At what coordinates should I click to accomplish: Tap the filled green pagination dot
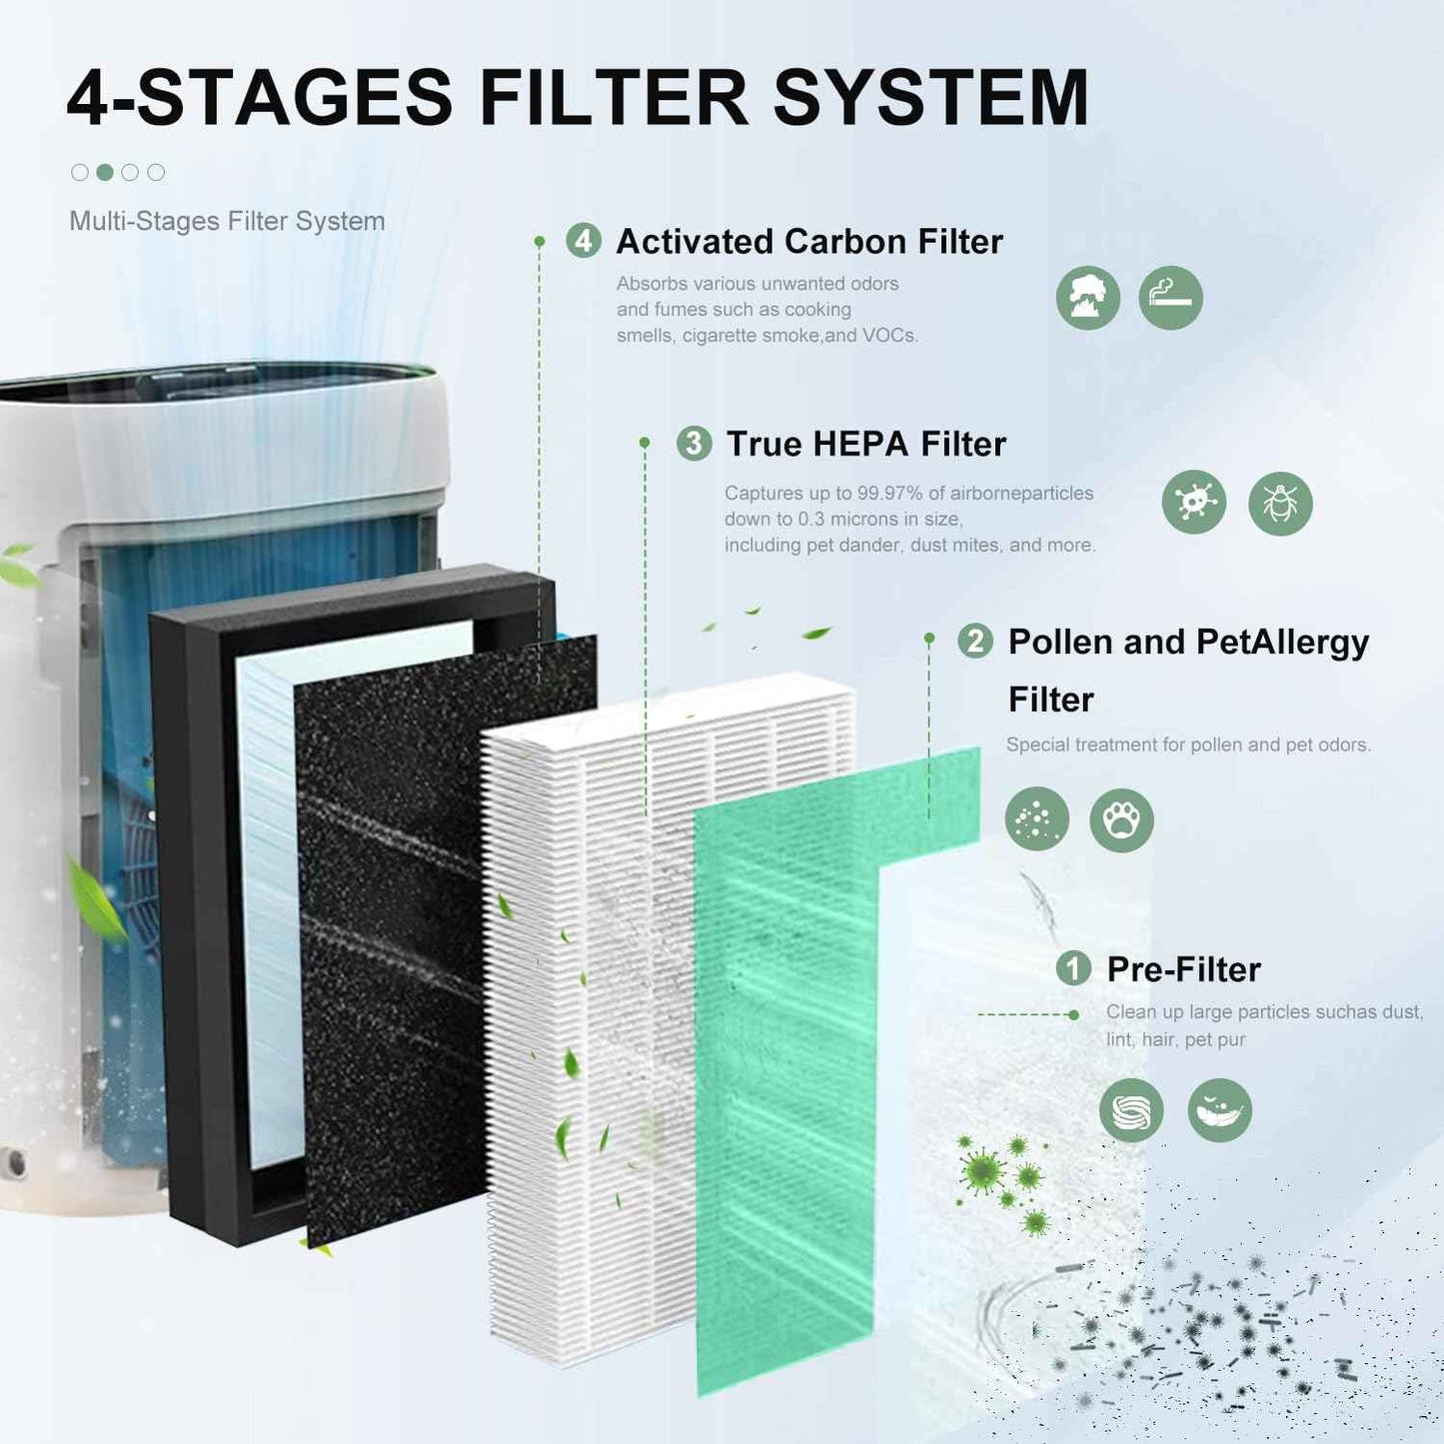[x=105, y=172]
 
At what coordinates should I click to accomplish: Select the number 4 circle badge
[x=584, y=241]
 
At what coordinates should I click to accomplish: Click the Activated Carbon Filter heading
[x=808, y=242]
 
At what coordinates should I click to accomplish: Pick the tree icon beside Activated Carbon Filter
[x=1087, y=298]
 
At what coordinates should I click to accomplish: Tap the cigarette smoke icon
[x=1170, y=298]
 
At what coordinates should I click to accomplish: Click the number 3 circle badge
[x=694, y=443]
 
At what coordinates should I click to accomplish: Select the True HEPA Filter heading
[x=865, y=444]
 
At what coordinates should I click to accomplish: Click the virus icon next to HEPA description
[x=1193, y=502]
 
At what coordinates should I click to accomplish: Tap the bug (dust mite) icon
[x=1280, y=504]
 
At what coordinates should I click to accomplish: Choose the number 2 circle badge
[x=975, y=641]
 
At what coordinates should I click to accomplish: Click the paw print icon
[x=1121, y=820]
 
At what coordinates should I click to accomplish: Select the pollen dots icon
[x=1036, y=819]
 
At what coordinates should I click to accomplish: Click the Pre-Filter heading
[x=1183, y=969]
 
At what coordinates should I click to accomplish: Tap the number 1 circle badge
[x=1073, y=968]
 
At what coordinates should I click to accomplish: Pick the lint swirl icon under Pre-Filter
[x=1131, y=1110]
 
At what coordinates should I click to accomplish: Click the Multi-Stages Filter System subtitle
[x=227, y=221]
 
